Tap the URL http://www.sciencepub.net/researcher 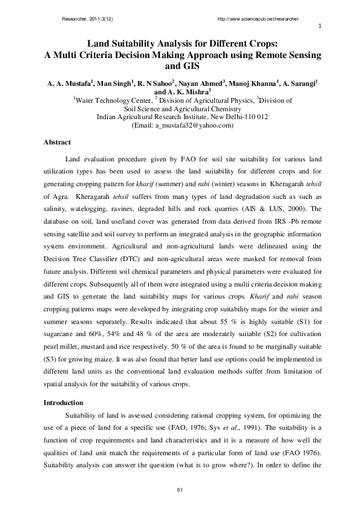[258, 19]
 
